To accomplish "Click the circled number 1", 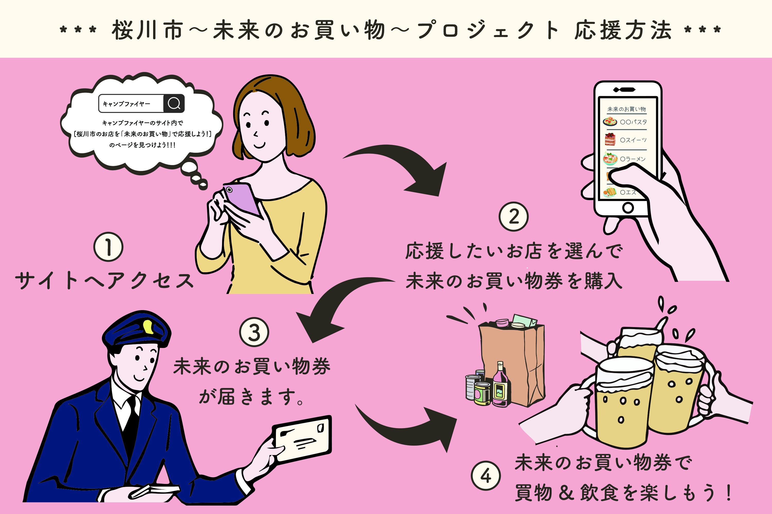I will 108,247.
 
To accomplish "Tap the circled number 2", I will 513,216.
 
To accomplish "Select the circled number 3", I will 254,332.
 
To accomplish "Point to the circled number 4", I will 486,476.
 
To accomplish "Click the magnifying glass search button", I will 174,104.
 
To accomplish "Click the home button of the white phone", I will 628,208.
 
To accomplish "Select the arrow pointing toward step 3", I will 335,305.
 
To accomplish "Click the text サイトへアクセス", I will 104,281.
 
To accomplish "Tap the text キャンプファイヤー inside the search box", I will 126,104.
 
